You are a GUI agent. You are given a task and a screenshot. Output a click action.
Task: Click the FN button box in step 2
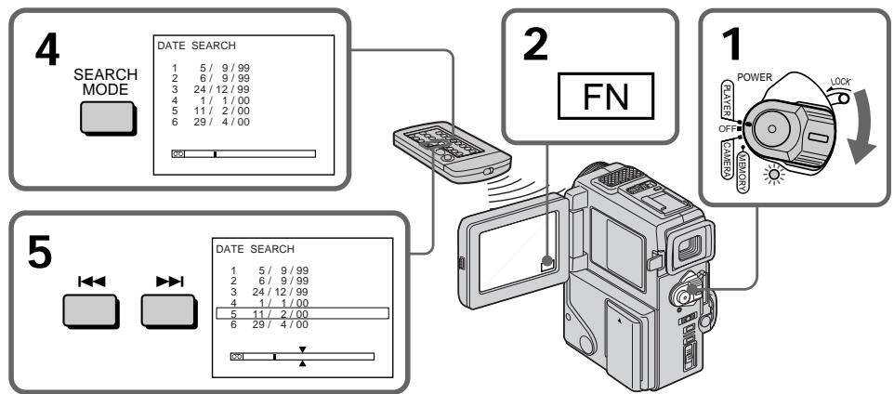605,96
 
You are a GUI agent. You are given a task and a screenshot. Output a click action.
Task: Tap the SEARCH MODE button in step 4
108,118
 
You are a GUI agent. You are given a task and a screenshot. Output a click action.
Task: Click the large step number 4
46,52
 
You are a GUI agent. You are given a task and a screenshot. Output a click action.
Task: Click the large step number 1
731,45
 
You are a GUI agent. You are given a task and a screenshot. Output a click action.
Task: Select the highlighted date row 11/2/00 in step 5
302,313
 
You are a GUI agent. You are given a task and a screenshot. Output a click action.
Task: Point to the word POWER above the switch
755,77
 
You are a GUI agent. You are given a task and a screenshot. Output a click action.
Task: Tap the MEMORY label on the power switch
743,170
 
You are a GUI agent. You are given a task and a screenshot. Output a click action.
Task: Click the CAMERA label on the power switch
728,159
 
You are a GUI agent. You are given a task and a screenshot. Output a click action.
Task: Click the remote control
452,151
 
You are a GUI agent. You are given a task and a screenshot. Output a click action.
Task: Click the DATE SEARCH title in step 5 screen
255,249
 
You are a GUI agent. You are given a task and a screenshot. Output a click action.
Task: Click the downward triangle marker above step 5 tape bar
303,349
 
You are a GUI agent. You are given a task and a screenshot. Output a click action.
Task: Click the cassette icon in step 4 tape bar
178,154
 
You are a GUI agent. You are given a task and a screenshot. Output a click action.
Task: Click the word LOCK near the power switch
840,82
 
